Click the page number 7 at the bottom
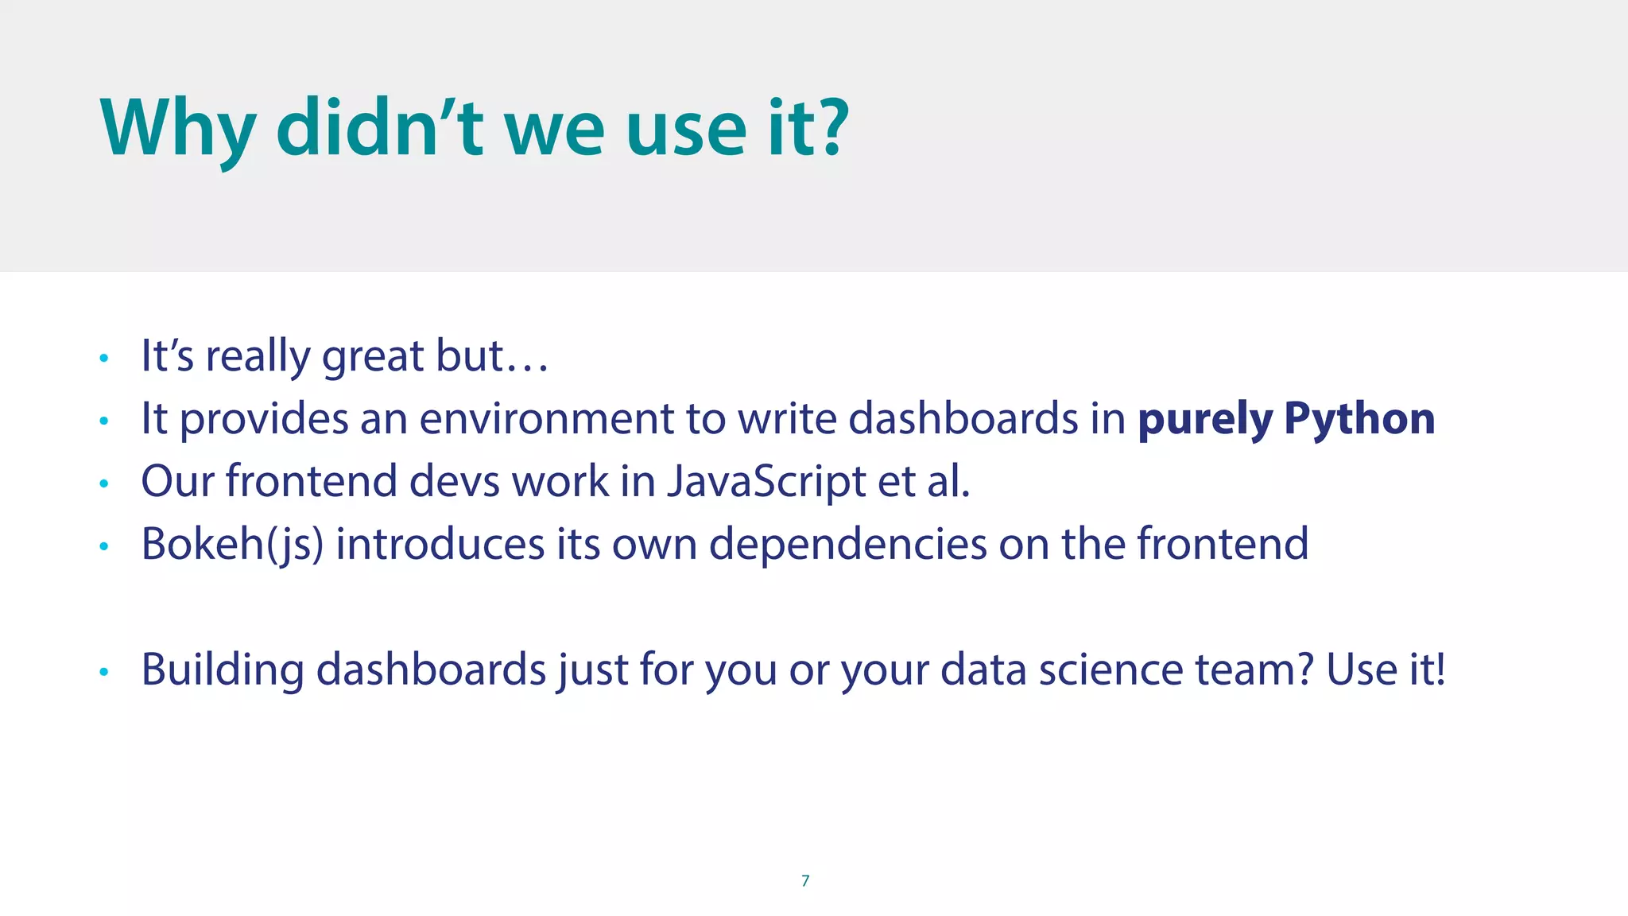coord(805,880)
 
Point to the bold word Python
coord(1359,419)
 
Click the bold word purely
coord(1204,419)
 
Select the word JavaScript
coord(766,482)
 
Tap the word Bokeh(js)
coord(232,545)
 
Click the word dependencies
coord(847,545)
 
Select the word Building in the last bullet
coord(223,670)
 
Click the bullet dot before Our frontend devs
coord(103,483)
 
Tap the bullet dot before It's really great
coord(103,358)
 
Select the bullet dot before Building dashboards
coord(103,672)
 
